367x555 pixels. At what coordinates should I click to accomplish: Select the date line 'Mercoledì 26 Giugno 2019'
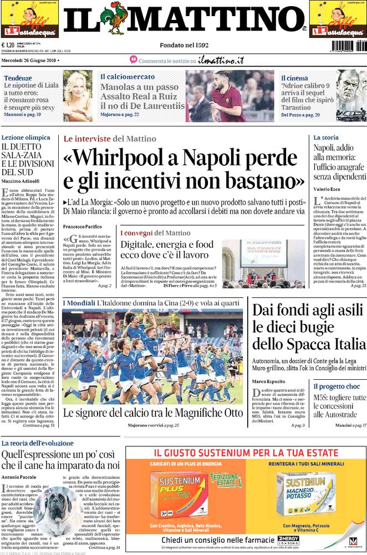point(29,60)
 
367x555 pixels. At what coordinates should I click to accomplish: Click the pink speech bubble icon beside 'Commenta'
point(133,59)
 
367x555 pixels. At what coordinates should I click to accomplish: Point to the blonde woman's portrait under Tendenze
point(77,95)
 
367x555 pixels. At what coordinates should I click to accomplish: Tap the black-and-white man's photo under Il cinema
point(351,95)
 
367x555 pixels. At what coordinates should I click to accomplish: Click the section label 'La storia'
point(325,138)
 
